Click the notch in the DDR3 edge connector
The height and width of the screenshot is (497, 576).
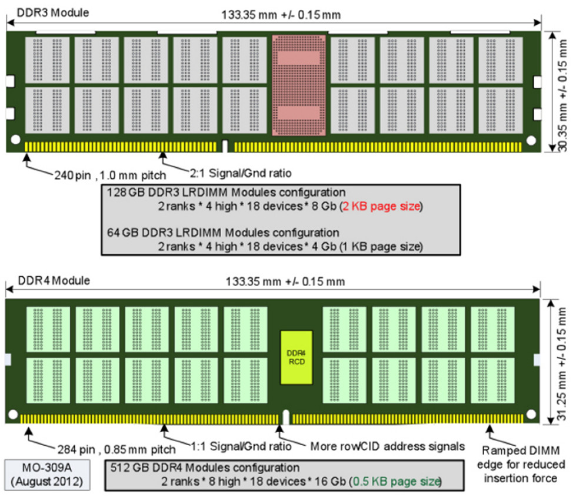pyautogui.click(x=225, y=144)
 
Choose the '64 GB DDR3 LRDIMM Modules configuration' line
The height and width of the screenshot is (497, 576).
pyautogui.click(x=223, y=232)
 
